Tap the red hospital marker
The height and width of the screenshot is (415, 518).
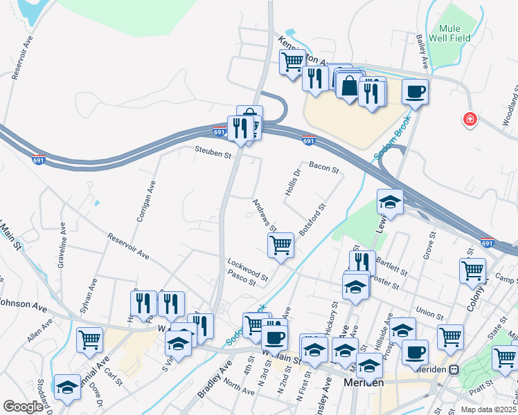470,120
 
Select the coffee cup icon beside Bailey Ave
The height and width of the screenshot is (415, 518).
415,92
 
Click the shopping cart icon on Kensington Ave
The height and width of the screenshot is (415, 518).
292,61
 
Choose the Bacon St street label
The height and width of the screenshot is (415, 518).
323,167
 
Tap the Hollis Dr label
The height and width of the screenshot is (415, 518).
294,182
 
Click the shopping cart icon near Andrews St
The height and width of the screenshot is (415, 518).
281,246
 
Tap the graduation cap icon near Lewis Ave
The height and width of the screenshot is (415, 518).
390,202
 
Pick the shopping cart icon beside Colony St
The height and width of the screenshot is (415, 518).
472,270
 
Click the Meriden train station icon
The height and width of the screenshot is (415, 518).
454,369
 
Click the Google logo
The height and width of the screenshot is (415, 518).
24,407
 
